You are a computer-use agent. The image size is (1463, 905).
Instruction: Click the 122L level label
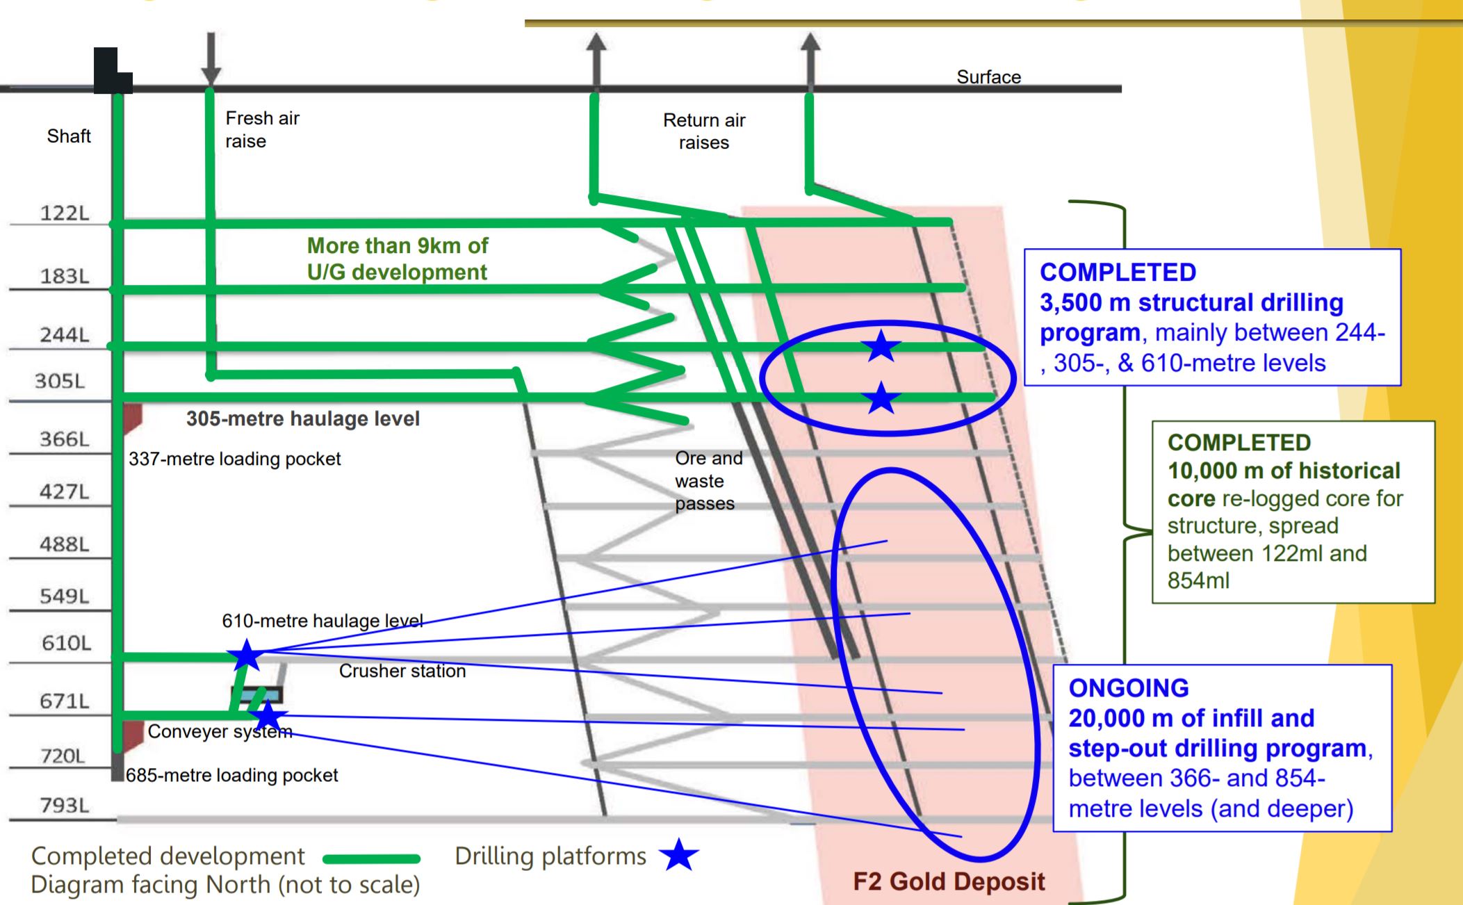coord(65,213)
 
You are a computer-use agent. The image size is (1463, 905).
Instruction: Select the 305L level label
coord(60,381)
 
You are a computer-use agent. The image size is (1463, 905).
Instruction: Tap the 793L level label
coord(65,806)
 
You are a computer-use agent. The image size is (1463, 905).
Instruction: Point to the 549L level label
coord(65,596)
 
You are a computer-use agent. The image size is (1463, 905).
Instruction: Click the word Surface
coord(988,77)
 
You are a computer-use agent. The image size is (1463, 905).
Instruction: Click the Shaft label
coord(69,136)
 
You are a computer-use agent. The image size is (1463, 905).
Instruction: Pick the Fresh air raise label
coord(262,129)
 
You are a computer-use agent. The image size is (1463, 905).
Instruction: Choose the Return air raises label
coord(704,131)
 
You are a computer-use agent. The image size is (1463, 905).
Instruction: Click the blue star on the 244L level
coord(881,345)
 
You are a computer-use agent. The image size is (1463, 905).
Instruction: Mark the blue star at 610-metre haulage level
coord(246,655)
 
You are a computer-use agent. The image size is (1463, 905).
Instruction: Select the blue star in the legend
coord(678,856)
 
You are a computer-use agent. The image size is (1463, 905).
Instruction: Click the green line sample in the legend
coord(372,858)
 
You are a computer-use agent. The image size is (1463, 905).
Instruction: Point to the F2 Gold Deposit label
coord(949,881)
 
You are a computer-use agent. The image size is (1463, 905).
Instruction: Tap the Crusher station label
coord(402,671)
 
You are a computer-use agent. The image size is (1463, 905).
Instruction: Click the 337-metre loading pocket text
coord(235,459)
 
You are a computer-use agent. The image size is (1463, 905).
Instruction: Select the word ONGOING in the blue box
coord(1128,688)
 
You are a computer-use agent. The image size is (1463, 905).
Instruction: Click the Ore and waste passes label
coord(708,481)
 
